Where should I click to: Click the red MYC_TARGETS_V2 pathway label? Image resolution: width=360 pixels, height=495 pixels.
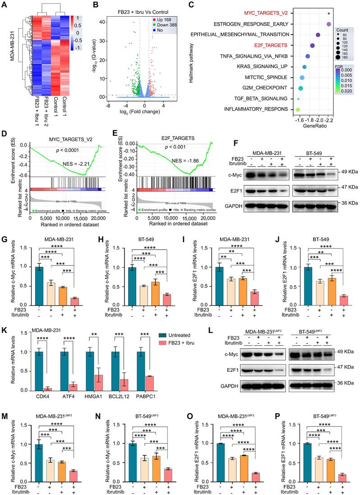(258, 13)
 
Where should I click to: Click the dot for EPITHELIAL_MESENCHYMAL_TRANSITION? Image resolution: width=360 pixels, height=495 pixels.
(318, 35)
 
